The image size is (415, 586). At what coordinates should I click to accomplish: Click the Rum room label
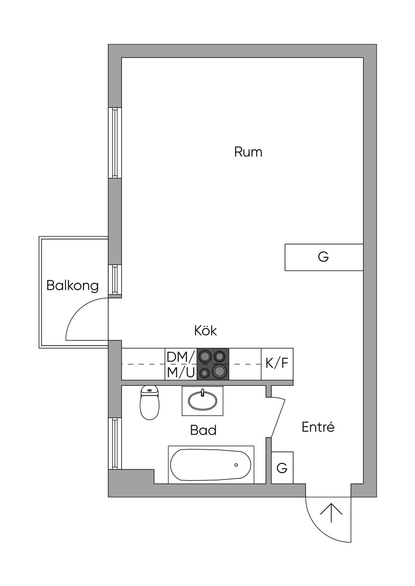[248, 152]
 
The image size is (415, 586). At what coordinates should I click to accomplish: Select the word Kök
[205, 331]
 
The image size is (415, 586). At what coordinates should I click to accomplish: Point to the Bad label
[203, 430]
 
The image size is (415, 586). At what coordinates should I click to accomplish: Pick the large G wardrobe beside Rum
[324, 257]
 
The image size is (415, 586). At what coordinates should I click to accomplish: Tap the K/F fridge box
[277, 364]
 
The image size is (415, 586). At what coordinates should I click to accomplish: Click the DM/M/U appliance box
[181, 364]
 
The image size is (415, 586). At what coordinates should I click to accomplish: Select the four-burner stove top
[213, 364]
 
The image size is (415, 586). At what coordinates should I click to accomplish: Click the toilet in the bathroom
[150, 403]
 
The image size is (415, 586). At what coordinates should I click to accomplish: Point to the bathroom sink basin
[203, 401]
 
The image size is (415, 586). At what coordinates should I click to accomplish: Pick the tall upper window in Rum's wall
[115, 143]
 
